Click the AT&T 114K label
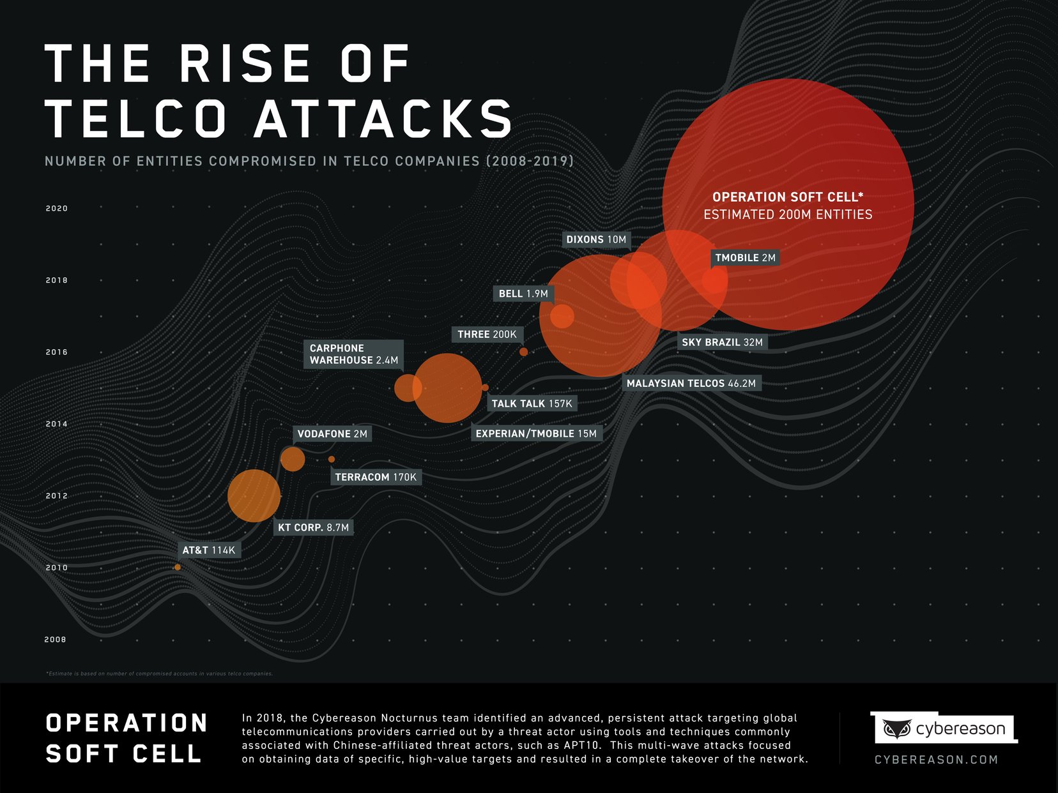[x=208, y=550]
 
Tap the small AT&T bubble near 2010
[x=178, y=567]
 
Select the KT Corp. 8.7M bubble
[x=254, y=496]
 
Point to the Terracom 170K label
[x=376, y=477]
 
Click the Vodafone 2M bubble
[x=293, y=459]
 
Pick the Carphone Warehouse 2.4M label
[x=353, y=354]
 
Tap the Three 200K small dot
[x=523, y=352]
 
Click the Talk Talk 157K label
[x=532, y=404]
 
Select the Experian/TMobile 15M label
[x=536, y=434]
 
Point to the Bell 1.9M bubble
[x=562, y=316]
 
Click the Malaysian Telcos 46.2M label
[x=691, y=383]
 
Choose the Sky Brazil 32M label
[x=722, y=342]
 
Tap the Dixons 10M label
[x=596, y=239]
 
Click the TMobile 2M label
[x=745, y=258]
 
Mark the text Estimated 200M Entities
[x=788, y=215]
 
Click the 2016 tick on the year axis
[x=56, y=352]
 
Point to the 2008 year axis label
[x=55, y=639]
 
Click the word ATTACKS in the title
[x=383, y=119]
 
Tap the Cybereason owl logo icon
[x=896, y=729]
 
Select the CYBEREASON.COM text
[x=936, y=760]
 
